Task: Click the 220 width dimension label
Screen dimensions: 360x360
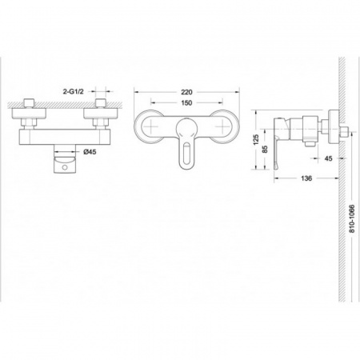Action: [186, 92]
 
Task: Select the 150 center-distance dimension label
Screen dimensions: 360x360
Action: [186, 102]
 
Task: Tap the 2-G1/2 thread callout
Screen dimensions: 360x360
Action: [74, 91]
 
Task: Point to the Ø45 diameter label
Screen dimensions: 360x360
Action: [90, 152]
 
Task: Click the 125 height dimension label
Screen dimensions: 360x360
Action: [256, 139]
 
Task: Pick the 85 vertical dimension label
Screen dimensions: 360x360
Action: [265, 149]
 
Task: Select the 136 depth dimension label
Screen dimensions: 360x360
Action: [306, 178]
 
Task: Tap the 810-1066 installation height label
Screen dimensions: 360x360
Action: [352, 218]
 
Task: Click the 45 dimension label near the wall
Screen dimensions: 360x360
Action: [328, 158]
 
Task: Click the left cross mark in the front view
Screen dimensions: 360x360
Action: [151, 126]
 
